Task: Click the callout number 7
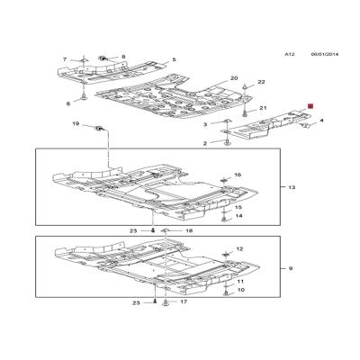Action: (x=65, y=59)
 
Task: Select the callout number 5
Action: (x=174, y=59)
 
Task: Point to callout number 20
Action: (x=234, y=78)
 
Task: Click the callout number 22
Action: (x=262, y=82)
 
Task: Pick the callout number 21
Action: (x=263, y=108)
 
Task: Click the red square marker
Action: (x=310, y=106)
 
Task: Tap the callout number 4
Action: (x=321, y=121)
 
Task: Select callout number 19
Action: (x=76, y=123)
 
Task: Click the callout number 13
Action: (x=292, y=187)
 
